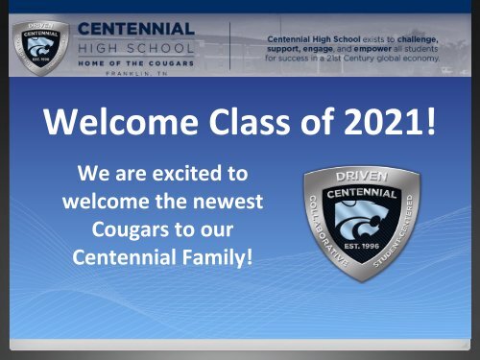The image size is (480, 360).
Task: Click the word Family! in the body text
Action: point(218,258)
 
